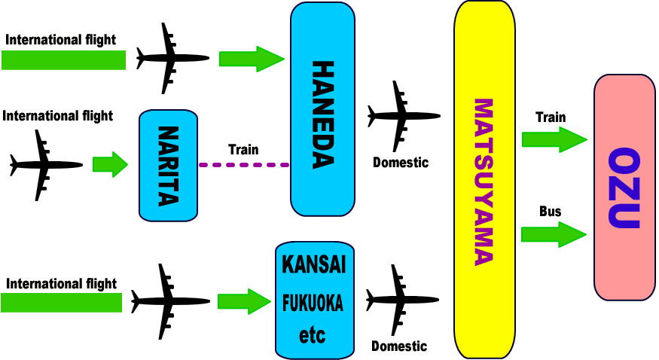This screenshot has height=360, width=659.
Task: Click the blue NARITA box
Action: (168, 165)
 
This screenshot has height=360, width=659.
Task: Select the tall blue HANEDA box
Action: (322, 108)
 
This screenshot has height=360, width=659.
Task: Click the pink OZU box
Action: (624, 188)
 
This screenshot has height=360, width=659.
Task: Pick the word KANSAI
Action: (313, 266)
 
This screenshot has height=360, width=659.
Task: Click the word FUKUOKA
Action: (313, 304)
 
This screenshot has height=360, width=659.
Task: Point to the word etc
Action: (313, 334)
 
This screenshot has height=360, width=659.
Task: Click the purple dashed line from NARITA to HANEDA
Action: (244, 164)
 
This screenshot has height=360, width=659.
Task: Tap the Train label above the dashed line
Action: (243, 149)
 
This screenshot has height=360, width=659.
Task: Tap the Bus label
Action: (550, 212)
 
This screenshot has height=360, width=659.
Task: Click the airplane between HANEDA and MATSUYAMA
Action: (402, 116)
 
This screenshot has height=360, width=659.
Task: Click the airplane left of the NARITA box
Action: (45, 164)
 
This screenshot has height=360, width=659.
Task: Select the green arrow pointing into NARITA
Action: (110, 164)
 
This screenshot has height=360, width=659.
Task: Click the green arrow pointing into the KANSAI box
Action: (244, 301)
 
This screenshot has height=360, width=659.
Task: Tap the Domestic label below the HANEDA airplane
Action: (401, 162)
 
